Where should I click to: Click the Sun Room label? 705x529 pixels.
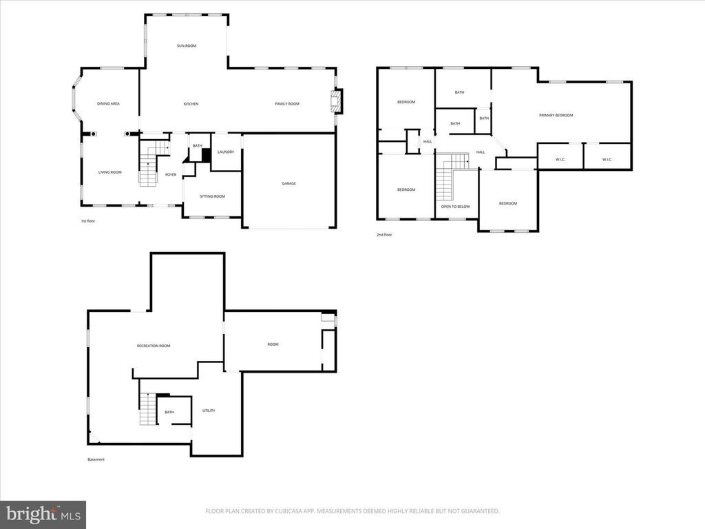click(186, 45)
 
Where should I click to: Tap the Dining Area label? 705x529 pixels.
click(108, 103)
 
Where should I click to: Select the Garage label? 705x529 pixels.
click(288, 183)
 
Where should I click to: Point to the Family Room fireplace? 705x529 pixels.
click(335, 102)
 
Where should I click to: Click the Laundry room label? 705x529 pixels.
click(225, 152)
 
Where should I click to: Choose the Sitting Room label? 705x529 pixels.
click(212, 196)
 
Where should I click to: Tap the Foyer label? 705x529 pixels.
click(171, 175)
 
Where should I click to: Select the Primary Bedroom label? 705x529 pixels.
click(556, 115)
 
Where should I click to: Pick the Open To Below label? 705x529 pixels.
click(455, 206)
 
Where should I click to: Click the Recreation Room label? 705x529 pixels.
click(154, 346)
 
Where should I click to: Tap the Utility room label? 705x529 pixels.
click(209, 411)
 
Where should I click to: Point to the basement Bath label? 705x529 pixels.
click(169, 413)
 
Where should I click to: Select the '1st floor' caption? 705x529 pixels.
click(88, 221)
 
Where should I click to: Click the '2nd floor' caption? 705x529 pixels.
click(384, 235)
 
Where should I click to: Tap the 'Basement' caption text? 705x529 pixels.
click(96, 459)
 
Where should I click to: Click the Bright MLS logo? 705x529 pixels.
click(43, 514)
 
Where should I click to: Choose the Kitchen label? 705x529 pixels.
click(191, 104)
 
